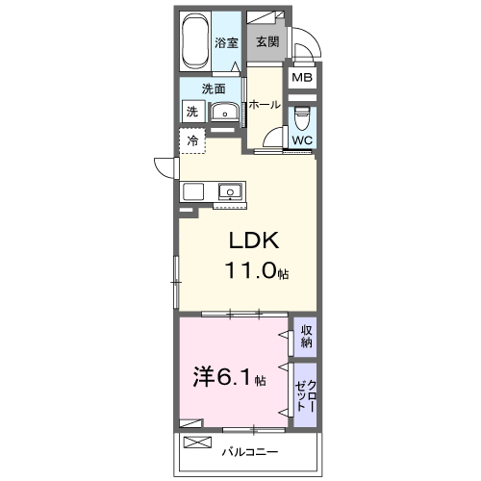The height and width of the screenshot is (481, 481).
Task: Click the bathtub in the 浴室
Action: pyautogui.click(x=194, y=41)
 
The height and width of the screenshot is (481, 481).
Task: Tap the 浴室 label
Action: pyautogui.click(x=226, y=42)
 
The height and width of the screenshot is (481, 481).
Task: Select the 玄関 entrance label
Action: pyautogui.click(x=267, y=41)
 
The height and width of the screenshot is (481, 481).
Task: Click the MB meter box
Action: pyautogui.click(x=302, y=77)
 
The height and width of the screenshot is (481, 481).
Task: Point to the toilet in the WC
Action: pyautogui.click(x=302, y=117)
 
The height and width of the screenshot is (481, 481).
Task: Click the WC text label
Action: pyautogui.click(x=302, y=140)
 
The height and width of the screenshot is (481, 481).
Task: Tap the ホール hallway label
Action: pyautogui.click(x=265, y=105)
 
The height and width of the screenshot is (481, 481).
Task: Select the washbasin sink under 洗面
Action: pyautogui.click(x=225, y=113)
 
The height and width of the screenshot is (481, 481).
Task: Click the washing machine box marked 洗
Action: pyautogui.click(x=193, y=112)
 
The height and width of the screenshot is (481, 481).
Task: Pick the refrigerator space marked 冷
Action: pyautogui.click(x=192, y=140)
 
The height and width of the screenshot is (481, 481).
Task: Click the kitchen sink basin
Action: pyautogui.click(x=230, y=191)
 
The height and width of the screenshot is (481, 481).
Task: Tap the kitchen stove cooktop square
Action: pyautogui.click(x=193, y=191)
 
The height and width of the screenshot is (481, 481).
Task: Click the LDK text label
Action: pyautogui.click(x=254, y=240)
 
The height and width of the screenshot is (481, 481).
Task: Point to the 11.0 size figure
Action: pyautogui.click(x=251, y=270)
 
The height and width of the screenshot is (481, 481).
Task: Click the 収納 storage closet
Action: pyautogui.click(x=305, y=337)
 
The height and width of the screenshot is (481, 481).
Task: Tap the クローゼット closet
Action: pyautogui.click(x=305, y=395)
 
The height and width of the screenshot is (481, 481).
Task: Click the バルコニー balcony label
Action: pyautogui.click(x=250, y=452)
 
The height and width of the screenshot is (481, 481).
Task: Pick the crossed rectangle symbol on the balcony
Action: pyautogui.click(x=197, y=443)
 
